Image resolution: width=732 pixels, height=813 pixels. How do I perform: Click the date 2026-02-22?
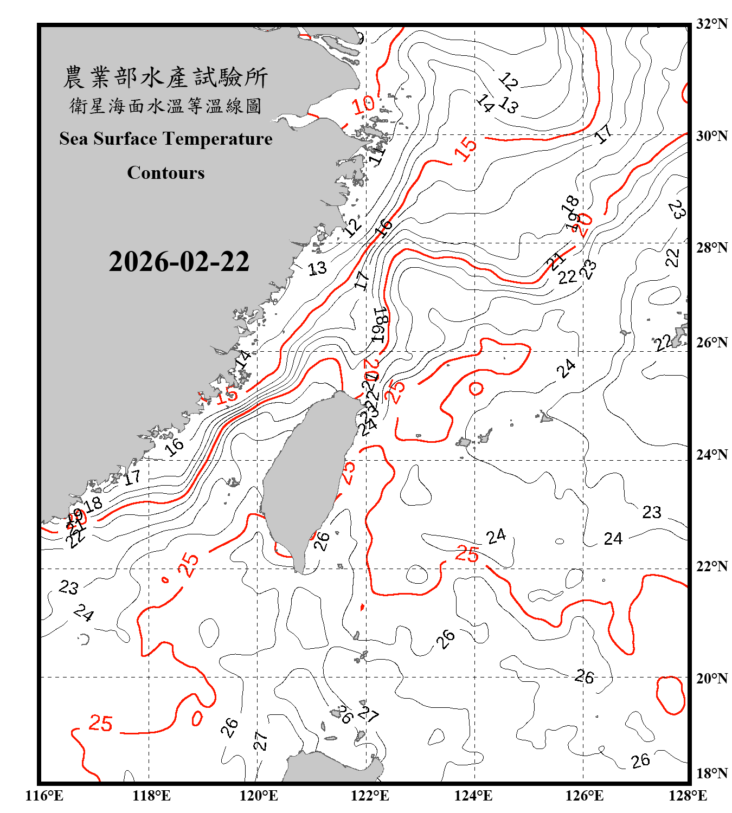(x=179, y=262)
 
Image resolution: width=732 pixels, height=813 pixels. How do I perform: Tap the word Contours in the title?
(x=166, y=173)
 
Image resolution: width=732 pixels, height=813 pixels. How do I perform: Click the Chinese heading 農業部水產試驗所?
(x=165, y=78)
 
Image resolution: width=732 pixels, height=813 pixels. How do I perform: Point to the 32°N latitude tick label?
(x=711, y=24)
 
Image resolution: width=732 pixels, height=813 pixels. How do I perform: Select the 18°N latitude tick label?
(x=711, y=773)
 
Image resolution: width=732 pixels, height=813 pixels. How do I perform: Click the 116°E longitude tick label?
(x=44, y=796)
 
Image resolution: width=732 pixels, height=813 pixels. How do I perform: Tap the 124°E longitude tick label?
(x=473, y=796)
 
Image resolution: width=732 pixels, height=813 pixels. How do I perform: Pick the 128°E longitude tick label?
(x=688, y=796)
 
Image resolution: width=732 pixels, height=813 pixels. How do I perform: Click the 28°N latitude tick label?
(x=711, y=248)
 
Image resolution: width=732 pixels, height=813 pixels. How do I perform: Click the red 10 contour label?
(x=363, y=105)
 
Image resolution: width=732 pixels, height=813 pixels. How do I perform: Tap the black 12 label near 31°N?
(x=508, y=81)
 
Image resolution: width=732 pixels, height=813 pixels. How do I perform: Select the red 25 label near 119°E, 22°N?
(x=189, y=565)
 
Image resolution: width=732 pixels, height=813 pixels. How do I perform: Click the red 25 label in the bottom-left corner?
(x=100, y=724)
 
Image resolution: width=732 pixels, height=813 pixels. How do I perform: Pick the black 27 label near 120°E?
(x=261, y=741)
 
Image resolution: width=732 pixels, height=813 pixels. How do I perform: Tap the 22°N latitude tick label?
(x=711, y=566)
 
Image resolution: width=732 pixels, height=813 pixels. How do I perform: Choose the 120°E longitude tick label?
(x=259, y=796)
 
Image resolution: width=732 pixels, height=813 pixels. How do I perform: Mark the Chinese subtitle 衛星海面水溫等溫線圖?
(x=165, y=106)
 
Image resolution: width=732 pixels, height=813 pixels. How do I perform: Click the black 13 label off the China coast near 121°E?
(x=317, y=268)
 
